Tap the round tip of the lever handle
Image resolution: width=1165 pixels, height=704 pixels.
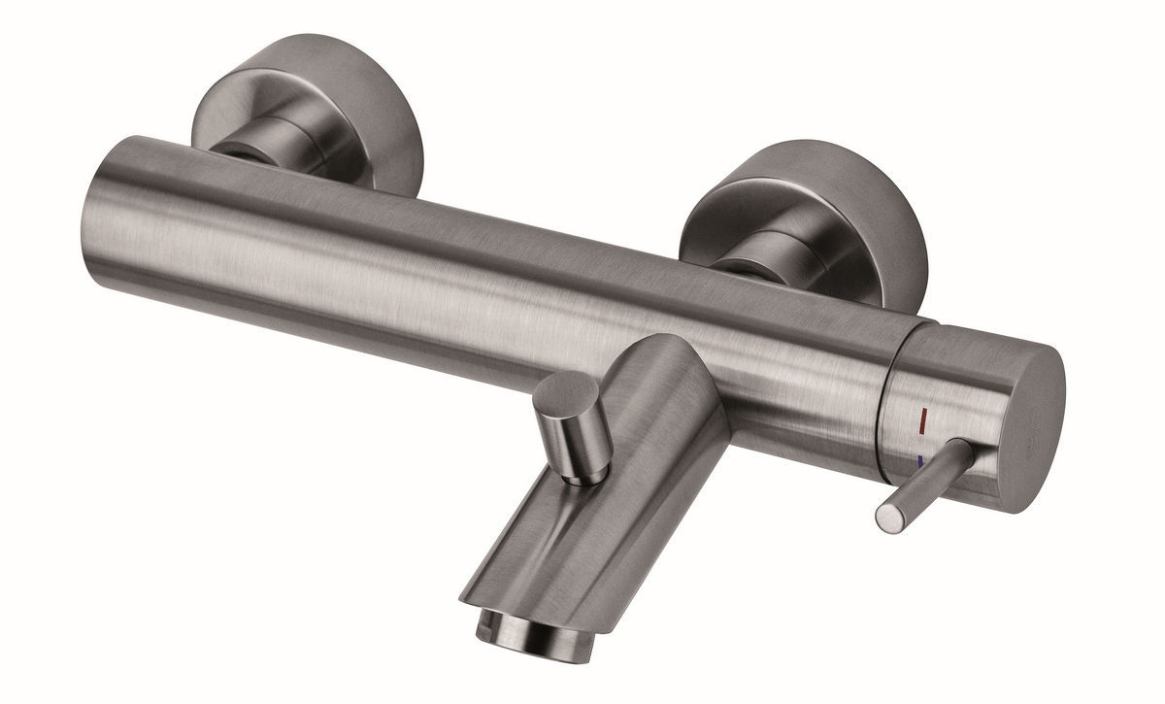[885, 516]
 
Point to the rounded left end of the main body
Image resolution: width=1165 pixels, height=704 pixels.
[107, 209]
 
